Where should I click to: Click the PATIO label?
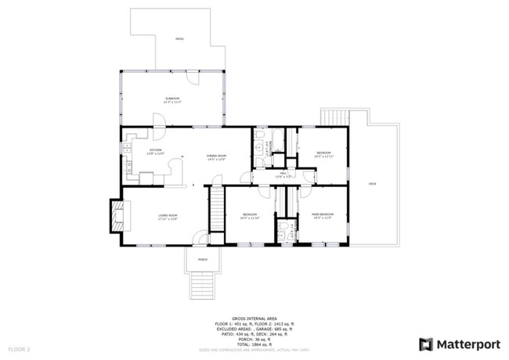(179, 38)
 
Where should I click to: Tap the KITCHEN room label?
(156, 151)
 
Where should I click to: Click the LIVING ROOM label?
(168, 217)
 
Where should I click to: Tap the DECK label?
(372, 183)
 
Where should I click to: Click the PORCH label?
(202, 259)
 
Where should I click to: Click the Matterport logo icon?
(426, 344)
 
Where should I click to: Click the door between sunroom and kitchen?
(157, 121)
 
